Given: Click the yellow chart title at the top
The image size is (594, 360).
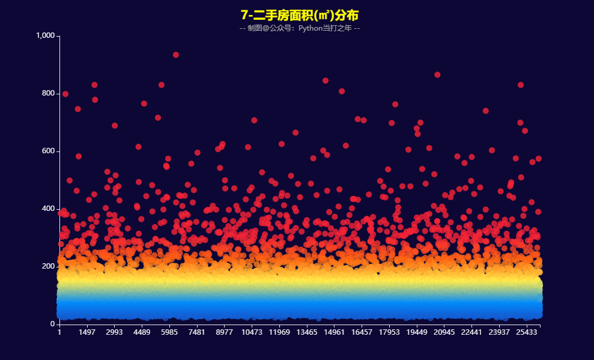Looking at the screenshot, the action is pyautogui.click(x=299, y=15).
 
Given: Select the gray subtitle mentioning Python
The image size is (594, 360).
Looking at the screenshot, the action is pyautogui.click(x=300, y=28).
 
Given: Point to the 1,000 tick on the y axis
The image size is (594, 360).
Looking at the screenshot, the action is pyautogui.click(x=46, y=35).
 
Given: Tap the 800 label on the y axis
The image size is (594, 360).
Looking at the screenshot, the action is pyautogui.click(x=49, y=93).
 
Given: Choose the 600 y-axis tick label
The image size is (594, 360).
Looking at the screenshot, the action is pyautogui.click(x=49, y=151).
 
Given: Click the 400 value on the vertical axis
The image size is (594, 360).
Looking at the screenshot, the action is pyautogui.click(x=49, y=209).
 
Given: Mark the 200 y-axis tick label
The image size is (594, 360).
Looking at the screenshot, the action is pyautogui.click(x=49, y=266).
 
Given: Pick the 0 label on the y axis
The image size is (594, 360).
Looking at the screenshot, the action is pyautogui.click(x=52, y=324).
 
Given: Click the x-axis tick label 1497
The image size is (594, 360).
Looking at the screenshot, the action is pyautogui.click(x=86, y=332).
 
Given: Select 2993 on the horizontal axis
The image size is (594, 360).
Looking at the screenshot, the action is pyautogui.click(x=114, y=332).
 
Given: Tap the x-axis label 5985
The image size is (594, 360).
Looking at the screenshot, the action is pyautogui.click(x=169, y=332).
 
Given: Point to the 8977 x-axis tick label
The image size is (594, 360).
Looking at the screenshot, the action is pyautogui.click(x=224, y=332).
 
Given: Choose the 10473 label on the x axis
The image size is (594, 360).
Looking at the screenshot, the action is pyautogui.click(x=252, y=332).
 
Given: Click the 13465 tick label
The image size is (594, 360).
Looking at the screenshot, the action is pyautogui.click(x=307, y=332).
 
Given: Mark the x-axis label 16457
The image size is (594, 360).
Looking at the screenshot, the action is pyautogui.click(x=362, y=332).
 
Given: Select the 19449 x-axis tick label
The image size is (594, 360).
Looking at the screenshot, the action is pyautogui.click(x=417, y=332).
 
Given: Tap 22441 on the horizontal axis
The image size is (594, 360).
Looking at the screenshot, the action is pyautogui.click(x=471, y=332).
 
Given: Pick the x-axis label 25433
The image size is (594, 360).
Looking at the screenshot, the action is pyautogui.click(x=527, y=332).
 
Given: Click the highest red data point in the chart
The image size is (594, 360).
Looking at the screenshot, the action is pyautogui.click(x=176, y=55).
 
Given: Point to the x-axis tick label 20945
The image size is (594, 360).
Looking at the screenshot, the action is pyautogui.click(x=444, y=332).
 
